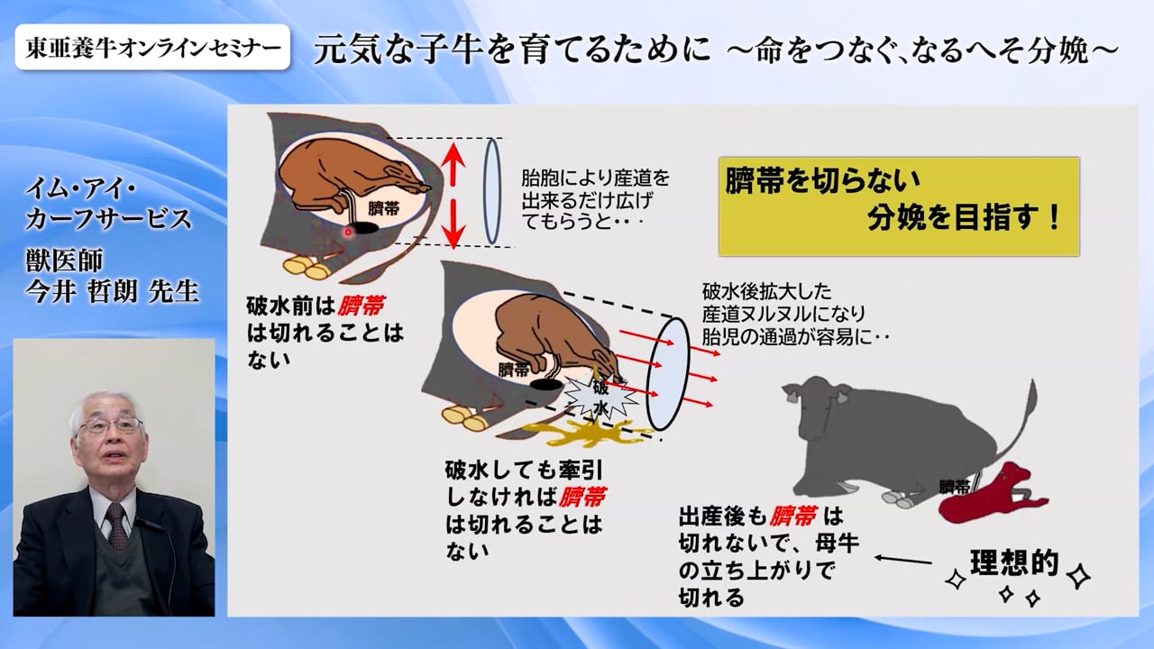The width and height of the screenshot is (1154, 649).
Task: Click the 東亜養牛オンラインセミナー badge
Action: pyautogui.click(x=152, y=47)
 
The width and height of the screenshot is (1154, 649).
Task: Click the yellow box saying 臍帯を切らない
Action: pyautogui.click(x=899, y=206)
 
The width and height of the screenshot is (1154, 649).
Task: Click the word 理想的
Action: pyautogui.click(x=1014, y=563)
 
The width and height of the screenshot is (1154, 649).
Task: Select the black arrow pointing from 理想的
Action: pyautogui.click(x=903, y=560)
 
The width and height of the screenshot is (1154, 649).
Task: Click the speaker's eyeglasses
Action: pyautogui.click(x=110, y=425)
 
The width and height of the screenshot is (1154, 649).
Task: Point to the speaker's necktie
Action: pyautogui.click(x=117, y=526)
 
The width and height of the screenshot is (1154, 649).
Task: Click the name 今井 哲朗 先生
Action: pyautogui.click(x=113, y=291)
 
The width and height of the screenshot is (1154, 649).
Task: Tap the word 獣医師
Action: pyautogui.click(x=64, y=261)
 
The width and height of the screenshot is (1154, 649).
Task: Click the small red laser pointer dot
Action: pyautogui.click(x=348, y=233)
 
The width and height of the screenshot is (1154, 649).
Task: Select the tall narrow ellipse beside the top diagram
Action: pyautogui.click(x=492, y=191)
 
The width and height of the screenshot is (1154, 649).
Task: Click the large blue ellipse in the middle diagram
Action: pyautogui.click(x=668, y=373)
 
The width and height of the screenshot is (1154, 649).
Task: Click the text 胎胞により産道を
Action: pyautogui.click(x=596, y=178)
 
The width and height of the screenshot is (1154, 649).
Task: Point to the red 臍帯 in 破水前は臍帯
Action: pyautogui.click(x=362, y=306)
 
